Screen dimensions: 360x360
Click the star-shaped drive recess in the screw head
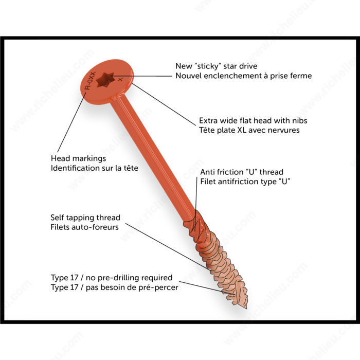(105, 80)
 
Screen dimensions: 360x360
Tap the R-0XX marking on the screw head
(90, 81)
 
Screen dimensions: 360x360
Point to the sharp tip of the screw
(246, 308)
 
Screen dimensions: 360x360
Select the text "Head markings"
(78, 158)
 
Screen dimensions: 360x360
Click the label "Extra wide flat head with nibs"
(253, 120)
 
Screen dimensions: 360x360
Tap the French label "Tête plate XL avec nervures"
(249, 130)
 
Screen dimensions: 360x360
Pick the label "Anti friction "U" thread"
(242, 172)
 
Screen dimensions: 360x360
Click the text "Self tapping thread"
(85, 218)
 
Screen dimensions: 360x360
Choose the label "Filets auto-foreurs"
(84, 227)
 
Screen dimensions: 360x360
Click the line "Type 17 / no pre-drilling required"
(112, 278)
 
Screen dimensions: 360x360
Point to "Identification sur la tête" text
(94, 168)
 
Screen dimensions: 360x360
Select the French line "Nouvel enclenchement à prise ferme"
(244, 76)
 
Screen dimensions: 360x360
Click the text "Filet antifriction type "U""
(245, 182)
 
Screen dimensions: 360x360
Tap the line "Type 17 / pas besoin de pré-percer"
(114, 287)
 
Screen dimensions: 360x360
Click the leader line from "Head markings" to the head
(71, 122)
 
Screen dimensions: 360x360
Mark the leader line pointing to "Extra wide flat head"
(164, 104)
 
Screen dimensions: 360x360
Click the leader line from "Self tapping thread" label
(168, 246)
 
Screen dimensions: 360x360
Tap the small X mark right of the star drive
(120, 79)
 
